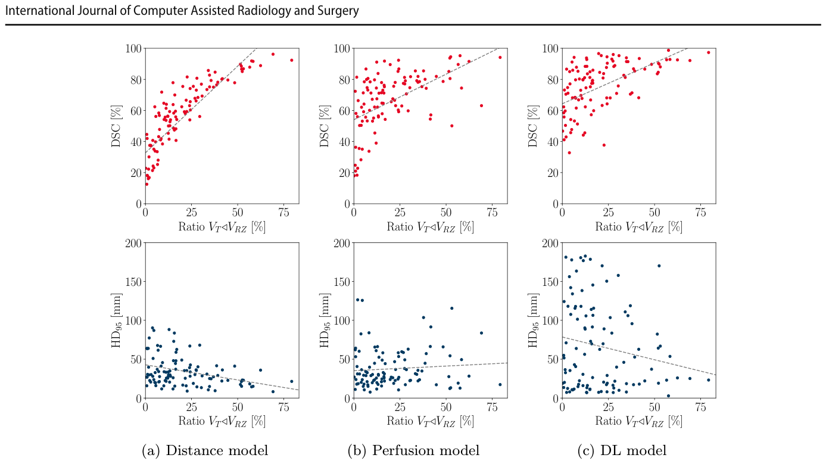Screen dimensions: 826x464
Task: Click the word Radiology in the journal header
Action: click(x=264, y=11)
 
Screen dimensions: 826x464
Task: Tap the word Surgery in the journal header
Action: click(x=338, y=11)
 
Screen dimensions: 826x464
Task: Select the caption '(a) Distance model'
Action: click(x=205, y=450)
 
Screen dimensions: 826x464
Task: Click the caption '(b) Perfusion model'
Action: click(x=413, y=450)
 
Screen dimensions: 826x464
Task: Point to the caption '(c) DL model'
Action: click(x=622, y=450)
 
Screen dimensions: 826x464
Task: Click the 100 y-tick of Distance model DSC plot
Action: click(x=133, y=48)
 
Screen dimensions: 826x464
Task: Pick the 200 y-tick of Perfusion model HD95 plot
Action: click(x=342, y=242)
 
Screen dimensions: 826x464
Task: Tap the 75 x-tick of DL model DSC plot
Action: click(x=700, y=213)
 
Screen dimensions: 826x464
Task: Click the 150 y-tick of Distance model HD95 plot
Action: click(x=133, y=282)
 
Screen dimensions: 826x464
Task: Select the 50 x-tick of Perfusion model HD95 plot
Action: click(x=446, y=407)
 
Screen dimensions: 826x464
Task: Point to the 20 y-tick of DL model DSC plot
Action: click(x=553, y=173)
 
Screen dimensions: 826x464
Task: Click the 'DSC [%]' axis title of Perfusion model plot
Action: click(x=324, y=126)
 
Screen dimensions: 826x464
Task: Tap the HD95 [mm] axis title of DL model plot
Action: click(x=533, y=320)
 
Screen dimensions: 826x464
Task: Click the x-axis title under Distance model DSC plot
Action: click(x=222, y=227)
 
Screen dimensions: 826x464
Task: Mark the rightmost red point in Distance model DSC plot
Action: click(x=291, y=60)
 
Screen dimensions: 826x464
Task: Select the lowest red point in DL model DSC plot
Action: click(x=569, y=152)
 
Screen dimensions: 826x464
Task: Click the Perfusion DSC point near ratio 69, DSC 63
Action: click(x=481, y=106)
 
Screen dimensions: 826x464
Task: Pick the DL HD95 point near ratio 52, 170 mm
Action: click(x=659, y=266)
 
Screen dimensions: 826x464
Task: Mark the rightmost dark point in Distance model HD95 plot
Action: click(x=291, y=381)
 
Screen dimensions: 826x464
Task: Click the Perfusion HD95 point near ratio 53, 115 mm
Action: click(x=452, y=309)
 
